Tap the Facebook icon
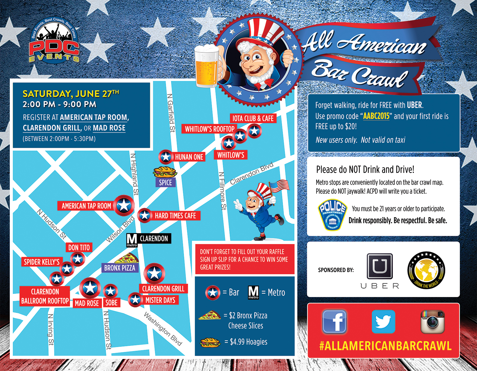coord(334,322)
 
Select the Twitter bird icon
coord(383,322)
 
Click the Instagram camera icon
coord(432,322)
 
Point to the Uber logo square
coord(380,266)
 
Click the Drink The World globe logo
coord(426,271)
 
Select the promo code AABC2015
coord(376,116)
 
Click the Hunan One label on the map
coord(189,157)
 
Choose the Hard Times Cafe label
coord(175,216)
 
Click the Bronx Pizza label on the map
coord(120,268)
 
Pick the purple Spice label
coord(165,183)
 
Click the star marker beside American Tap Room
coord(124,205)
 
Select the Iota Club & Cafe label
coord(253,118)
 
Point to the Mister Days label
coord(160,300)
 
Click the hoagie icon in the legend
coord(210,342)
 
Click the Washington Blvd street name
coord(163,329)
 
